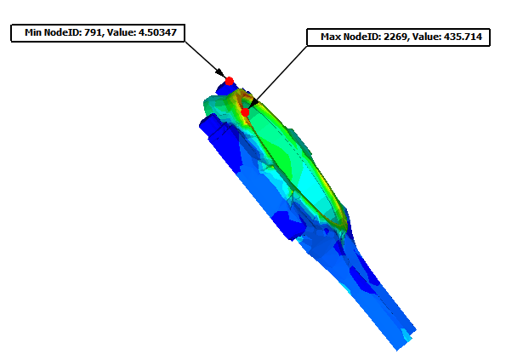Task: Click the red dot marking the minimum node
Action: tap(229, 81)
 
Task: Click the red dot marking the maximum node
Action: tap(245, 112)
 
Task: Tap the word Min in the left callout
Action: tap(33, 32)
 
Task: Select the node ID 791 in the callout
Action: tap(93, 32)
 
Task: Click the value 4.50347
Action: tap(157, 32)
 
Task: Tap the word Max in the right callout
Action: tap(331, 37)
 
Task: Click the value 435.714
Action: tap(463, 37)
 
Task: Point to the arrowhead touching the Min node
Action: tap(220, 73)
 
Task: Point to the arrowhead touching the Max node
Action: tap(253, 103)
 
